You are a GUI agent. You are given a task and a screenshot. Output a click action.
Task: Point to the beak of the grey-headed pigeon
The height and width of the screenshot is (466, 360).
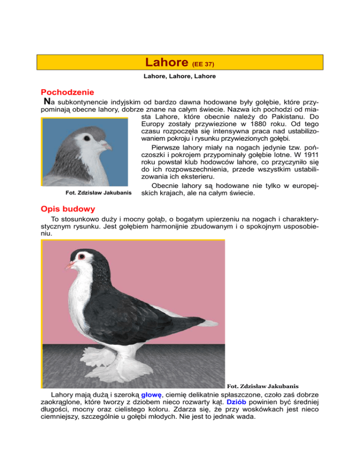[x=107, y=147]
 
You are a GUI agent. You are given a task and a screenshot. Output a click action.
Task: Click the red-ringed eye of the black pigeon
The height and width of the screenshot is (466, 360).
[x=82, y=257]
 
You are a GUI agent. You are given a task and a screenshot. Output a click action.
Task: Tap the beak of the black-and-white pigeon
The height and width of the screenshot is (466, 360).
[x=70, y=265]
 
